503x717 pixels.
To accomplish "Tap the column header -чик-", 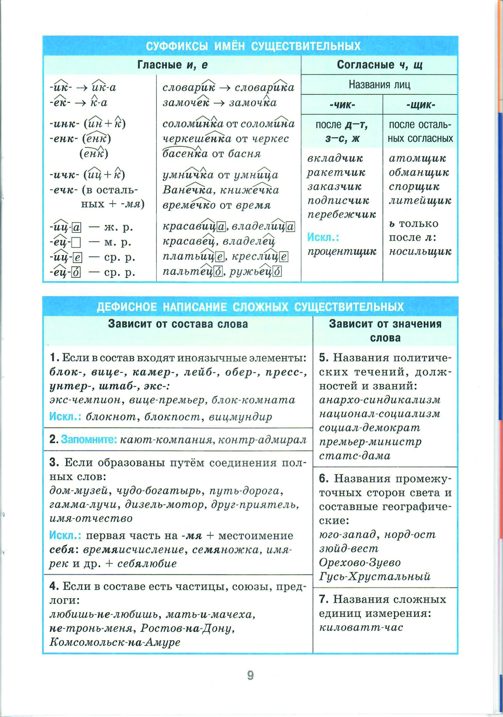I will coord(342,105).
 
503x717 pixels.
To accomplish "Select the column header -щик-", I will coord(421,105).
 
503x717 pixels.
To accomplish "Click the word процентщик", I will coord(342,252).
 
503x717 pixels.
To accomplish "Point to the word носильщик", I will coord(420,252).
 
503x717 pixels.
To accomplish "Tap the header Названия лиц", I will coord(379,84).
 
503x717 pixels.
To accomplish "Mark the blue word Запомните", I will coord(89,440).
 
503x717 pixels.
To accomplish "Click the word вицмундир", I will coord(240,417).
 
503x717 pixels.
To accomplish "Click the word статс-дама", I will coord(354,456).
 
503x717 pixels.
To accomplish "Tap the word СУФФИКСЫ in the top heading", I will coord(177,46).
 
